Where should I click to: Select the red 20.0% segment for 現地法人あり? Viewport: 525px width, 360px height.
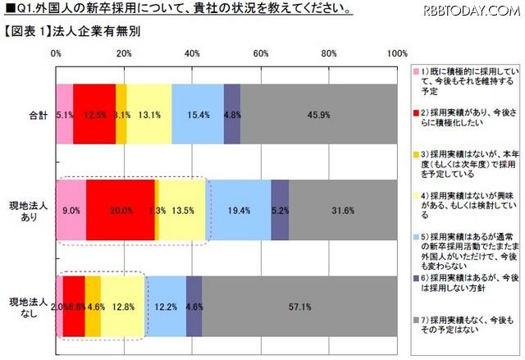coord(120,210)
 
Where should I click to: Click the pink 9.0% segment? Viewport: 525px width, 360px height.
coord(71,210)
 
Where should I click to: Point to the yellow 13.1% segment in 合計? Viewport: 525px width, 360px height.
coord(149,114)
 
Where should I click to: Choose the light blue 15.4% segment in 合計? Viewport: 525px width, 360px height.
coord(198,114)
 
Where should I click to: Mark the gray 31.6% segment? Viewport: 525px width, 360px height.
coord(343,210)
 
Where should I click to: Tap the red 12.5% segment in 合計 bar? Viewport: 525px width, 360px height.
coord(94,114)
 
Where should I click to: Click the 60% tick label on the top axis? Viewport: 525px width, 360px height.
coord(262,53)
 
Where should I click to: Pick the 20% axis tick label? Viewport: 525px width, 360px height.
coord(125,53)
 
